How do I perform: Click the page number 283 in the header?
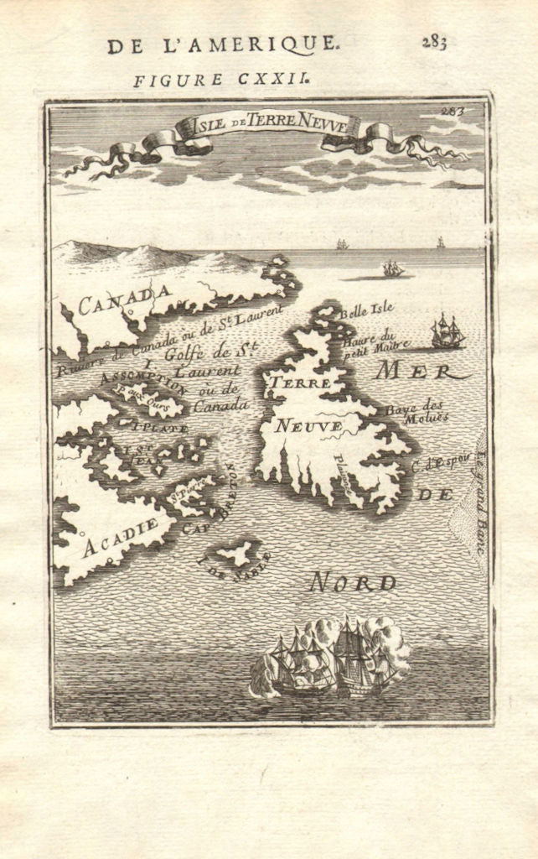(434, 43)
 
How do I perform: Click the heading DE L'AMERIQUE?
(223, 45)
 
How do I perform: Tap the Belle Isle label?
(366, 310)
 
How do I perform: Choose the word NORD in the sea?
(352, 582)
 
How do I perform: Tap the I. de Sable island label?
(234, 568)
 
